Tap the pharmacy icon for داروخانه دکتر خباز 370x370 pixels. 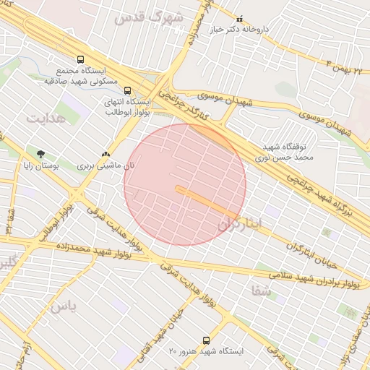(240, 19)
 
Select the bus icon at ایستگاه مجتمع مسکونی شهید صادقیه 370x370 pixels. (79, 61)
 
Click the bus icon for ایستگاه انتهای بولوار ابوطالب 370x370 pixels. (128, 91)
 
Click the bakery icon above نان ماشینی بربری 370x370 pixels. (106, 154)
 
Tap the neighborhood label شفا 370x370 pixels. (260, 290)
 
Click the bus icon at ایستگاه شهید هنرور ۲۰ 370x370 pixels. (207, 340)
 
